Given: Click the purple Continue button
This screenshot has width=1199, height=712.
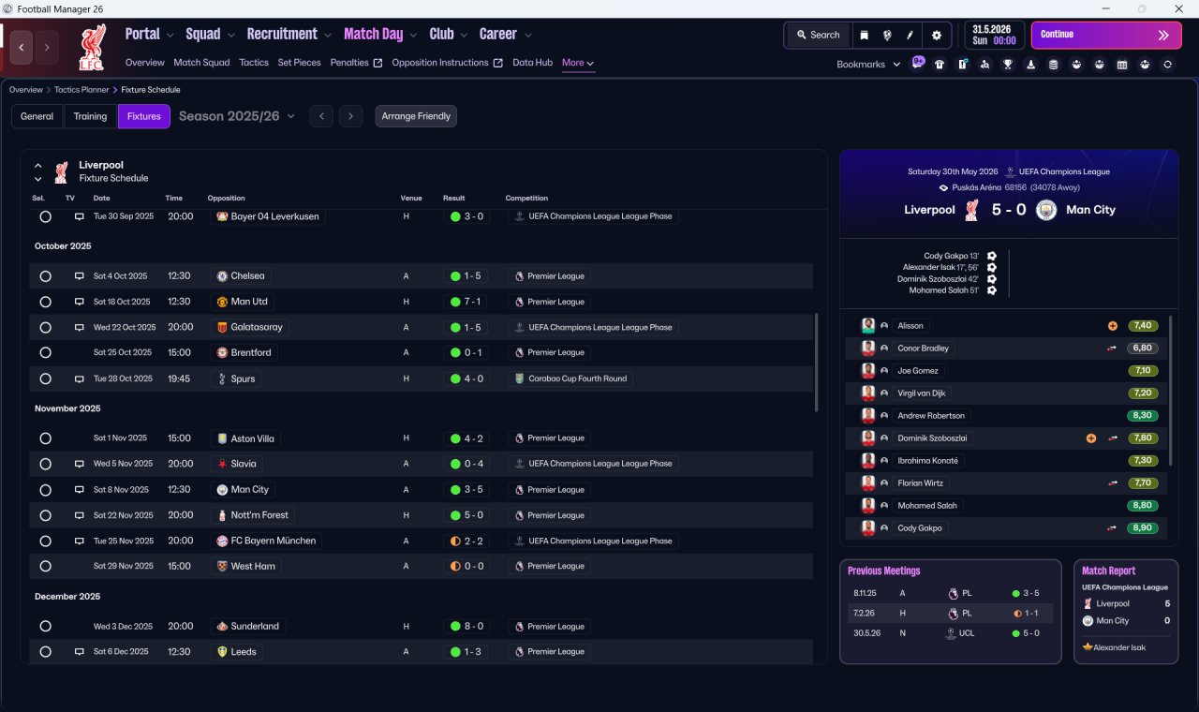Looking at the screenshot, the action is pos(1106,35).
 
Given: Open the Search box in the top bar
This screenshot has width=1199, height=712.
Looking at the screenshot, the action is pos(819,35).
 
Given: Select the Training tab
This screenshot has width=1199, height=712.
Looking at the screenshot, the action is pos(90,116).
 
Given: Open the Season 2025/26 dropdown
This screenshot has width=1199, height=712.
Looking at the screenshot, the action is pos(237,116).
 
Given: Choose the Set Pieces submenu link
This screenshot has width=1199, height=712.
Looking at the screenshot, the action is pos(299,63).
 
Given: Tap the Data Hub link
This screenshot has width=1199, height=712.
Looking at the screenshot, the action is pos(532,63).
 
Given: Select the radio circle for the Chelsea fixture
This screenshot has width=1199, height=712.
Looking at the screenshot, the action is pos(46,276).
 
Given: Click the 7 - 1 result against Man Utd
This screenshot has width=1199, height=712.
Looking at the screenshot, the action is pos(466,302).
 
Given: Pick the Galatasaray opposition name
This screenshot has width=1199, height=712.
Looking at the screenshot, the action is pos(257,327).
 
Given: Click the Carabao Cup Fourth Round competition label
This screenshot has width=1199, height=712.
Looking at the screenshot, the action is pos(577,378).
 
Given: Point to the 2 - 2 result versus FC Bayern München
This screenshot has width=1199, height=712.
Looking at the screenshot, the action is pos(466,541).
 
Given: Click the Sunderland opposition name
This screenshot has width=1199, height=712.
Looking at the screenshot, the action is pos(255,627).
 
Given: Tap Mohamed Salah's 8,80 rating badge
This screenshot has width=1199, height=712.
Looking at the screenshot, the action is pos(1142,505).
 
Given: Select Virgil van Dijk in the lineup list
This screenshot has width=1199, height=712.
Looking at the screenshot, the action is pos(921,393).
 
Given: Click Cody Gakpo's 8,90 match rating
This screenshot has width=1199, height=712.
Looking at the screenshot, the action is pos(1142,527).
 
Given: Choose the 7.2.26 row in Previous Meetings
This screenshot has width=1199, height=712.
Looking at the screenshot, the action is pos(950,613).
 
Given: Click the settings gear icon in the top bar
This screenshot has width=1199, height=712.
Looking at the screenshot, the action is pos(936,36).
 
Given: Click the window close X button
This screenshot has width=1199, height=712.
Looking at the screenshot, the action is pos(1178,8).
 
